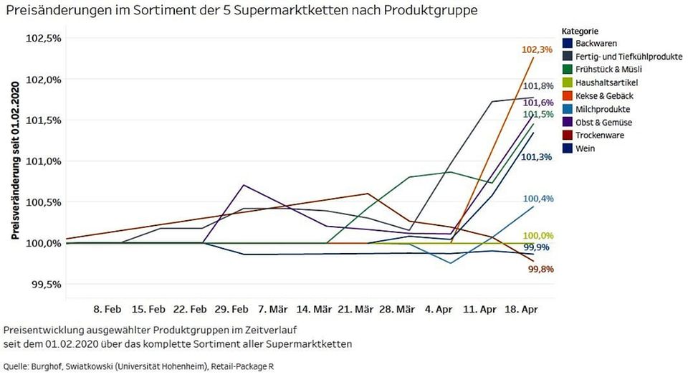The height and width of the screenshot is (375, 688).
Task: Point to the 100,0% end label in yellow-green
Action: tap(539, 236)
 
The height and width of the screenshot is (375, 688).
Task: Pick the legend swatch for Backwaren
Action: tap(566, 44)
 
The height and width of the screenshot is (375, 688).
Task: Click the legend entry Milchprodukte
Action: tap(603, 109)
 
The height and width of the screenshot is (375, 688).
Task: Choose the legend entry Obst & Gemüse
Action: tap(603, 123)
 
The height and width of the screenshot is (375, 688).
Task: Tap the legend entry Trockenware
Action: tap(599, 136)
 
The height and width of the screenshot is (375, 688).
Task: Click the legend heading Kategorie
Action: tap(580, 32)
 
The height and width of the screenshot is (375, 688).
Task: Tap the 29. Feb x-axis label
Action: tap(231, 310)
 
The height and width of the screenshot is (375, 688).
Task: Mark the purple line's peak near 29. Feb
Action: tap(244, 185)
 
